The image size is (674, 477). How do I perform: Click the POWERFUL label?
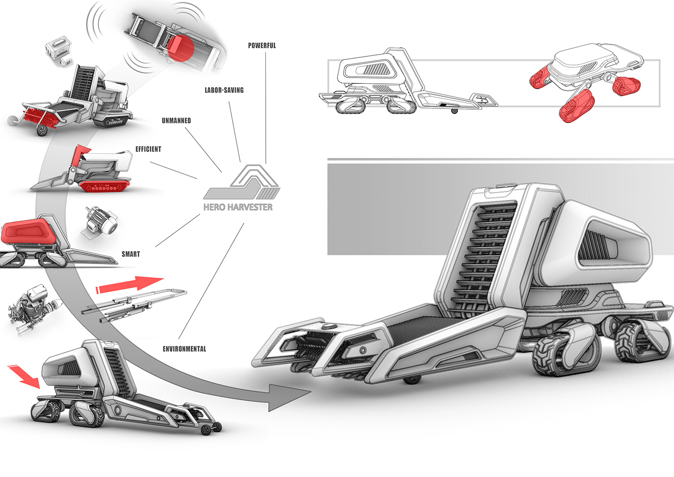(x=262, y=45)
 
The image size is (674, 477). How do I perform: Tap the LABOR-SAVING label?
(x=224, y=90)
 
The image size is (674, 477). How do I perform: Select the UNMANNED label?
(x=176, y=121)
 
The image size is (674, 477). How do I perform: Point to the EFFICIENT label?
(x=148, y=149)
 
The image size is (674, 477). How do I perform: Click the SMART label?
(x=131, y=254)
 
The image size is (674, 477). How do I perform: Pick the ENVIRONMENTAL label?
(x=184, y=349)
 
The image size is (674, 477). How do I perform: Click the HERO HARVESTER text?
(x=238, y=207)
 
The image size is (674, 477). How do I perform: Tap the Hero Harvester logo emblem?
(x=242, y=182)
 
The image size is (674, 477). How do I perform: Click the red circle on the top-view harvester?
(x=181, y=48)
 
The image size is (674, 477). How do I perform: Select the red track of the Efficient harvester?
(x=105, y=187)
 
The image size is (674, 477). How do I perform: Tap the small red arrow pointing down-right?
(x=24, y=376)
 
